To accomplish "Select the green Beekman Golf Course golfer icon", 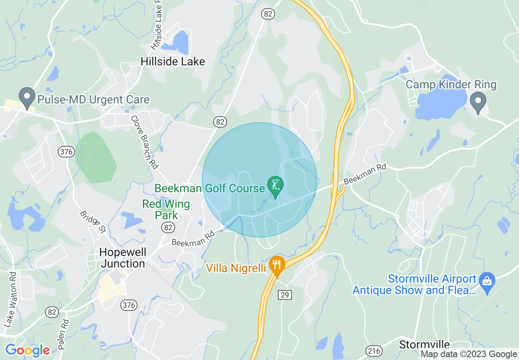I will [275, 186].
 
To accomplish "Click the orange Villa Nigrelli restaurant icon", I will [277, 265].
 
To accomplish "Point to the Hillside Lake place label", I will [172, 62].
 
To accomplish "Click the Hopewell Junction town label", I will [122, 258].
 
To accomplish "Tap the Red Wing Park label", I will [166, 209].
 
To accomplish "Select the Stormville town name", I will [424, 344].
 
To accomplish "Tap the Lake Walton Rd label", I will [11, 299].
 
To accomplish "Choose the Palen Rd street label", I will [63, 334].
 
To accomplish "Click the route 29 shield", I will [285, 294].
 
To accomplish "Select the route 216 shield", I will [374, 351].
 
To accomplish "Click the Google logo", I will [27, 350].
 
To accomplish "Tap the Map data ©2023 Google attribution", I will [469, 354].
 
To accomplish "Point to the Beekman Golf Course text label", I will [210, 188].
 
